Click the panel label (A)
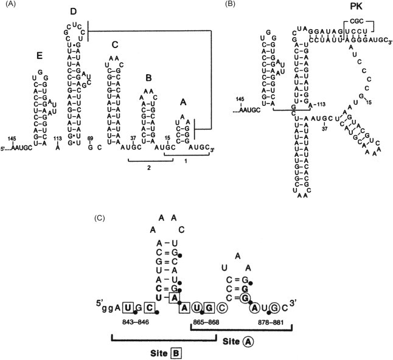[9, 5]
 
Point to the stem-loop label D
[73, 11]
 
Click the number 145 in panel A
[13, 139]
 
